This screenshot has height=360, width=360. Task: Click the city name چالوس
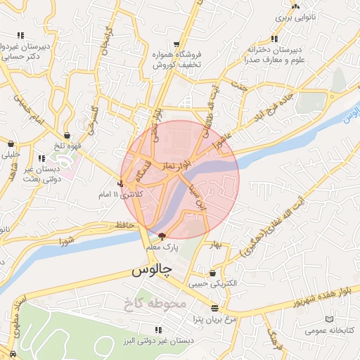click(x=150, y=271)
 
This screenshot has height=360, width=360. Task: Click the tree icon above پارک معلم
click(x=162, y=236)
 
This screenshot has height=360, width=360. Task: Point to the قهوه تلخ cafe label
click(x=70, y=146)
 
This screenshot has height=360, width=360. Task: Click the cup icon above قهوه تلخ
click(x=67, y=135)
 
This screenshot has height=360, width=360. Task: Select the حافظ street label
click(x=122, y=225)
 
